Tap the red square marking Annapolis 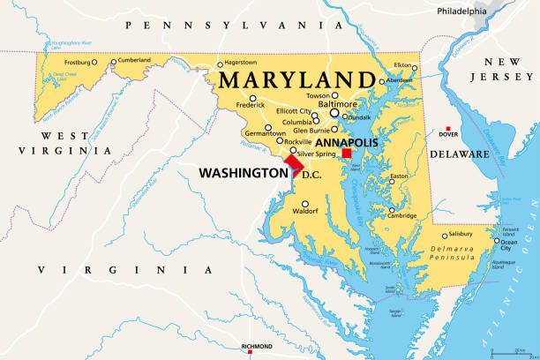[x=347, y=154]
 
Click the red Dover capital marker [x=443, y=126]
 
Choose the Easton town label [x=400, y=176]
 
